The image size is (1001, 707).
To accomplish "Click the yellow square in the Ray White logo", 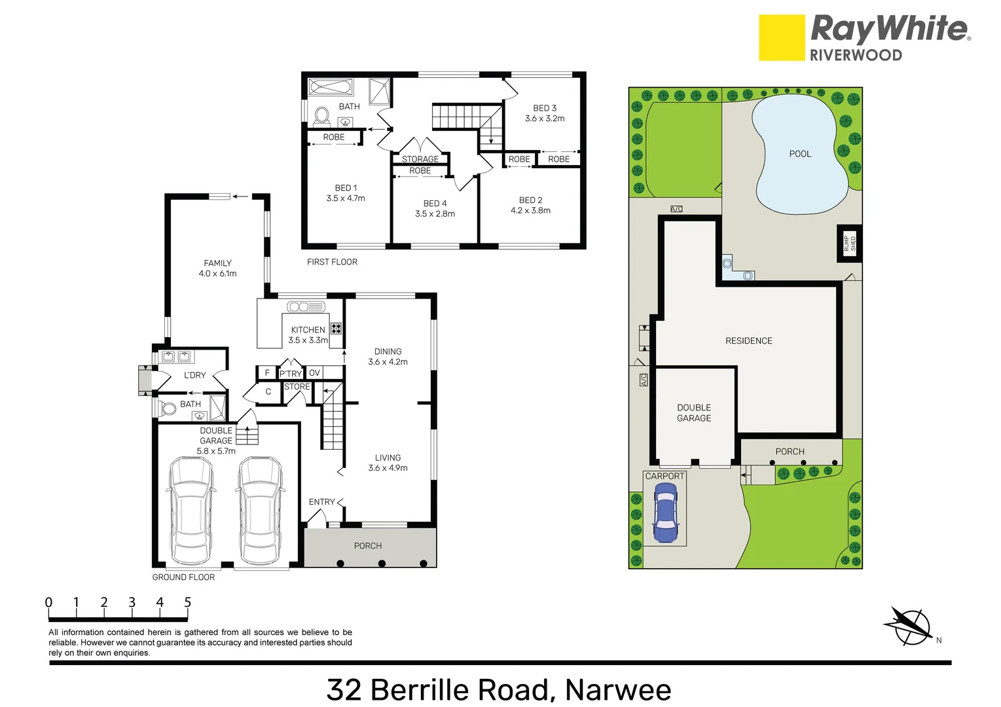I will click(x=781, y=38).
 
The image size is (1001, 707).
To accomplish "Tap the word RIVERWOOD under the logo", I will click(x=856, y=56).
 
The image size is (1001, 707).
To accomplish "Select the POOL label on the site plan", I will click(x=800, y=154).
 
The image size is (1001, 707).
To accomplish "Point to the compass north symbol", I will click(x=909, y=625).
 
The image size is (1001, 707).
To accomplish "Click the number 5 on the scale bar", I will click(x=188, y=602).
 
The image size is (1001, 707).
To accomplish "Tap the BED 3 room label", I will click(x=545, y=108).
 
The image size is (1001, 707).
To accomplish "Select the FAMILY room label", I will click(x=217, y=263).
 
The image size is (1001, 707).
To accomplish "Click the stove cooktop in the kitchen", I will click(x=336, y=329).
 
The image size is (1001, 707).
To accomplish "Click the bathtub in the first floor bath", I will click(x=331, y=87).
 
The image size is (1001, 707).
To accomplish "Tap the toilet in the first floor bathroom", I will click(x=321, y=116).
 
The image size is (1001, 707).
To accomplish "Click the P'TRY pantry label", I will click(x=291, y=374).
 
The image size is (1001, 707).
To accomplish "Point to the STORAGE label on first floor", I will click(x=420, y=159).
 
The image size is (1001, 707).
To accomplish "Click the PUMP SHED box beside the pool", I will click(x=849, y=244).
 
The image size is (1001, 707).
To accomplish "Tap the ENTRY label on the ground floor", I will click(x=321, y=502).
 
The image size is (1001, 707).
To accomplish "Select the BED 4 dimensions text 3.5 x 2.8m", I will click(x=435, y=214).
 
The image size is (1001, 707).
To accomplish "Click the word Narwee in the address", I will click(x=617, y=690).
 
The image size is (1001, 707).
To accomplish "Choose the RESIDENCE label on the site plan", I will click(x=748, y=341).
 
